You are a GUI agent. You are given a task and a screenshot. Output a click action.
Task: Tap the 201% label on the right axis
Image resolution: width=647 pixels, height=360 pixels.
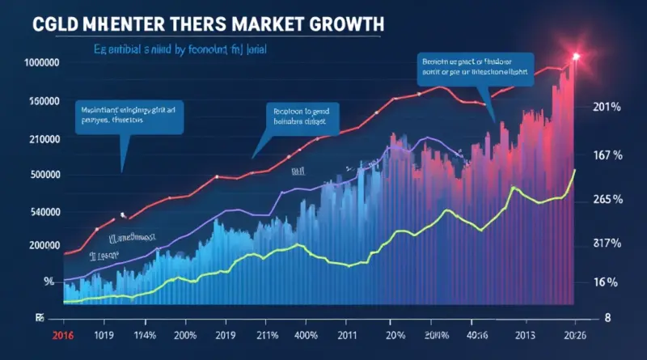pos(606,107)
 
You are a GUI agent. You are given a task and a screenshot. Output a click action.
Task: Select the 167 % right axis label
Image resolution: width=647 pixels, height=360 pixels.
pos(606,155)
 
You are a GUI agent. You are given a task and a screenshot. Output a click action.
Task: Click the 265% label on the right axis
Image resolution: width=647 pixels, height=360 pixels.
pos(606,199)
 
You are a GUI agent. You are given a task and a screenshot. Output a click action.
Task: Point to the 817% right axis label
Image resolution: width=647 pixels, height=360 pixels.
pos(606,243)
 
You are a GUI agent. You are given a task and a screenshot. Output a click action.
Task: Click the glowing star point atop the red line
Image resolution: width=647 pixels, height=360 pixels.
pos(576,56)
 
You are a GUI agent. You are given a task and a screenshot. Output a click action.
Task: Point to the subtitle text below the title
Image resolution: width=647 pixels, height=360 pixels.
pos(174,49)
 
